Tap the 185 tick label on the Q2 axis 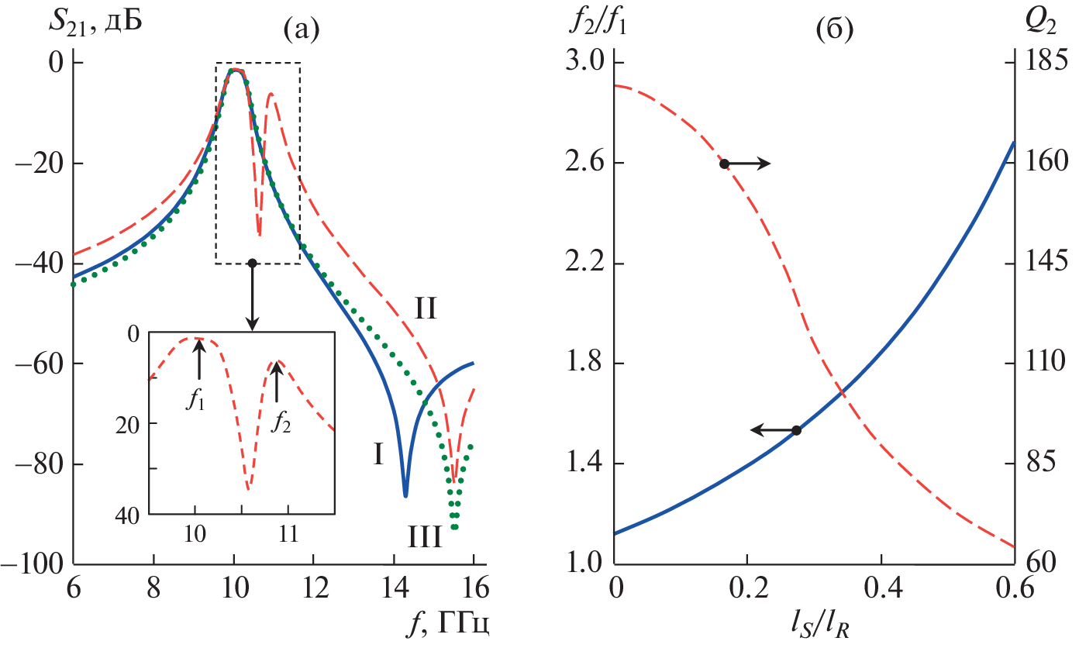click(x=1046, y=63)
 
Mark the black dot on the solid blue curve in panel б click(x=796, y=430)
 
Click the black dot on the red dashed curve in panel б click(x=724, y=164)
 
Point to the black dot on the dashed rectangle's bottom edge click(x=251, y=264)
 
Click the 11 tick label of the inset click(x=288, y=535)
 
